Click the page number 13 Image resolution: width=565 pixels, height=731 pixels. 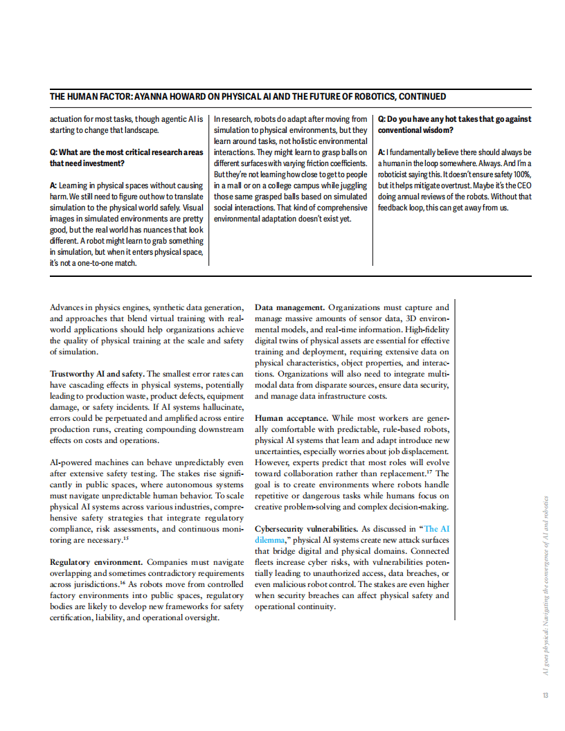(x=546, y=696)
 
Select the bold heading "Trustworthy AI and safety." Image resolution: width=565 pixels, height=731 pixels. (x=97, y=374)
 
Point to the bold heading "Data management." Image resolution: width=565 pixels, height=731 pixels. (x=289, y=307)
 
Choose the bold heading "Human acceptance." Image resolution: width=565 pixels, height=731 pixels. (x=292, y=418)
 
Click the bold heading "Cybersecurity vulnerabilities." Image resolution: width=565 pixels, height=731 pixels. (x=306, y=528)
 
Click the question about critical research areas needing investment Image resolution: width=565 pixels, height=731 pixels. (x=126, y=157)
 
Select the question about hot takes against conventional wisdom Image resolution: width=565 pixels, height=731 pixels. (x=454, y=125)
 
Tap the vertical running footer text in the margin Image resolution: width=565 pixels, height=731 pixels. (x=546, y=586)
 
